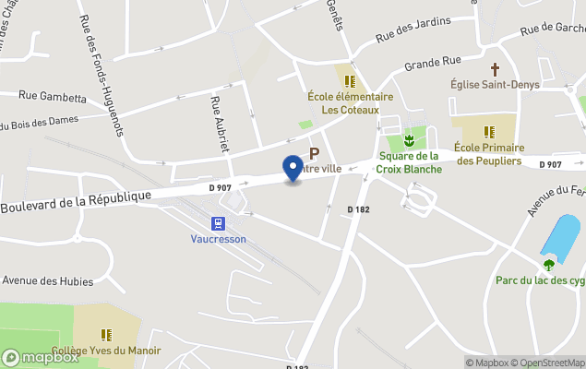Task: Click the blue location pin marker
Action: pyautogui.click(x=293, y=167)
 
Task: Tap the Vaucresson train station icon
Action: pyautogui.click(x=219, y=222)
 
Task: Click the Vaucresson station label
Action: pyautogui.click(x=219, y=238)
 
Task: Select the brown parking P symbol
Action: pyautogui.click(x=314, y=154)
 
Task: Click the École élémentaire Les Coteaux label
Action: pyautogui.click(x=351, y=102)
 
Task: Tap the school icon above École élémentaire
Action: pyautogui.click(x=350, y=81)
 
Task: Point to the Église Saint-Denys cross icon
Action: pyautogui.click(x=495, y=69)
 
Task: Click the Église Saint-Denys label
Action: pyautogui.click(x=495, y=86)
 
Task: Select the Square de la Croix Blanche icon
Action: pyautogui.click(x=408, y=141)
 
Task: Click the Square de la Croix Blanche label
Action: pyautogui.click(x=408, y=162)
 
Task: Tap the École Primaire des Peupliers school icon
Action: pyautogui.click(x=488, y=131)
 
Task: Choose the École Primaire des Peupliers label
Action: pyautogui.click(x=488, y=154)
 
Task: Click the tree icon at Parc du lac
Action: pyautogui.click(x=549, y=265)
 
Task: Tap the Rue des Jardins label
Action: pyautogui.click(x=414, y=30)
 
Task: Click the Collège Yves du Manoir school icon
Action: pyautogui.click(x=106, y=334)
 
